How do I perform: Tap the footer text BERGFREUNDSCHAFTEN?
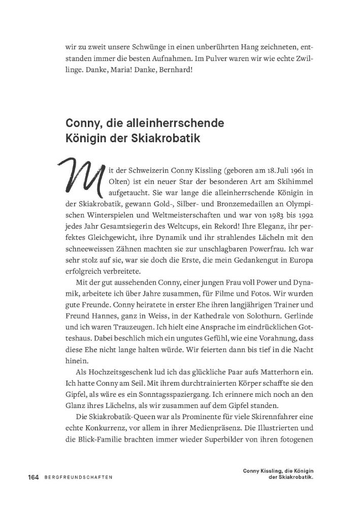78,478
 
